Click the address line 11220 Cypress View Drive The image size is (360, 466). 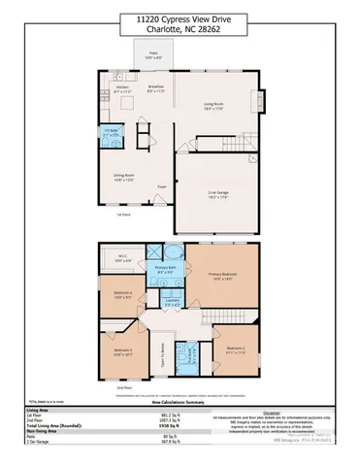tap(180, 18)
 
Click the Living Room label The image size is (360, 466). tap(213, 106)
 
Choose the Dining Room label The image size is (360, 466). tap(122, 178)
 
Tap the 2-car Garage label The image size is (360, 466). tap(217, 195)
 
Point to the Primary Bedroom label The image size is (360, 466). tap(222, 277)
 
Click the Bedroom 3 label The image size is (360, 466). tap(121, 351)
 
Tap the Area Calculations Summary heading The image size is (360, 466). tap(180, 407)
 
